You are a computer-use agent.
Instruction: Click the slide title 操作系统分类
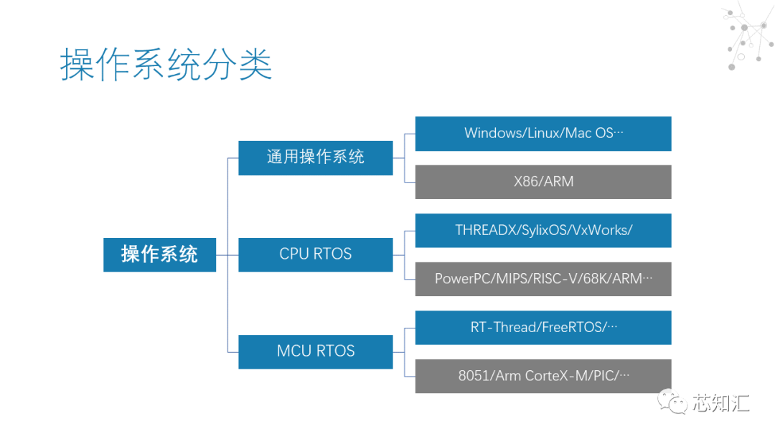[x=166, y=65]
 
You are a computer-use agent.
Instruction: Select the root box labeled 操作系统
[x=159, y=254]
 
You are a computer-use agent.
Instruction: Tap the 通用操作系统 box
[x=316, y=157]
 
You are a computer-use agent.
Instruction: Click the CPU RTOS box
[x=316, y=254]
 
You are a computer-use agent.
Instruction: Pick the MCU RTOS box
[x=316, y=351]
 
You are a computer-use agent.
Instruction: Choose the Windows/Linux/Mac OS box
[x=543, y=134]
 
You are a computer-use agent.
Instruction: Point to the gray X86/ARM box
[x=543, y=182]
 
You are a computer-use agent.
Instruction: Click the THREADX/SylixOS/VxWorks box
[x=543, y=231]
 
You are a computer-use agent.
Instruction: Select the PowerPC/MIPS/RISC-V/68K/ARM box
[x=543, y=279]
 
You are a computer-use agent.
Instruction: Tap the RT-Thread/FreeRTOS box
[x=543, y=328]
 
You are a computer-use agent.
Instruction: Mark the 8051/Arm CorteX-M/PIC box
[x=543, y=376]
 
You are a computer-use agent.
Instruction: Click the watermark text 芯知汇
[x=721, y=402]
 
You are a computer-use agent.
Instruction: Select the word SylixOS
[x=545, y=231]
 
